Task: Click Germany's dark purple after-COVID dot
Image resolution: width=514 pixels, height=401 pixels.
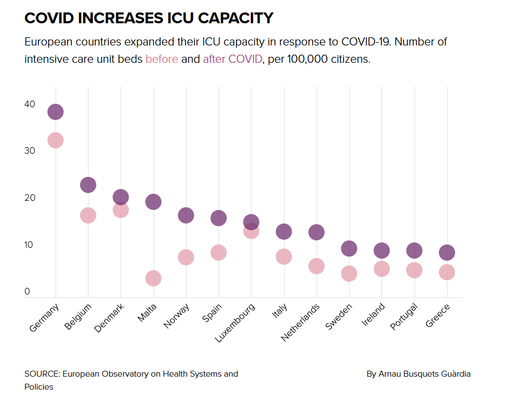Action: click(55, 112)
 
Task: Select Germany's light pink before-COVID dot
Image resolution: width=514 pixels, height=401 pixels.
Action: click(55, 140)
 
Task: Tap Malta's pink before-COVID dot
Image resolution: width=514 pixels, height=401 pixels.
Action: click(153, 278)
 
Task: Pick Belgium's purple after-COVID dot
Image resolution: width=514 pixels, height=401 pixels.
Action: click(88, 185)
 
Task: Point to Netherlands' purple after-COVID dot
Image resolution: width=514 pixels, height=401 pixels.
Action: click(317, 232)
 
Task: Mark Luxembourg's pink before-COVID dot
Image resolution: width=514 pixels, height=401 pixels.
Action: click(251, 231)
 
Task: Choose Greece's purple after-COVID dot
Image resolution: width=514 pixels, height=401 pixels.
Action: click(447, 252)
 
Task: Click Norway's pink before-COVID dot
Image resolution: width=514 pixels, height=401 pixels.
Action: click(186, 257)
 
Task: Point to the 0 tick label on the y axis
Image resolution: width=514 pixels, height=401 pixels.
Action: click(27, 292)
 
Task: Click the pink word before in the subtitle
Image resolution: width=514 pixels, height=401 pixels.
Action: click(161, 59)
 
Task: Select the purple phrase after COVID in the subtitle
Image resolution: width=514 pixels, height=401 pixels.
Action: click(233, 59)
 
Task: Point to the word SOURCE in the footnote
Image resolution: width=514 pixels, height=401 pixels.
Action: click(42, 374)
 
